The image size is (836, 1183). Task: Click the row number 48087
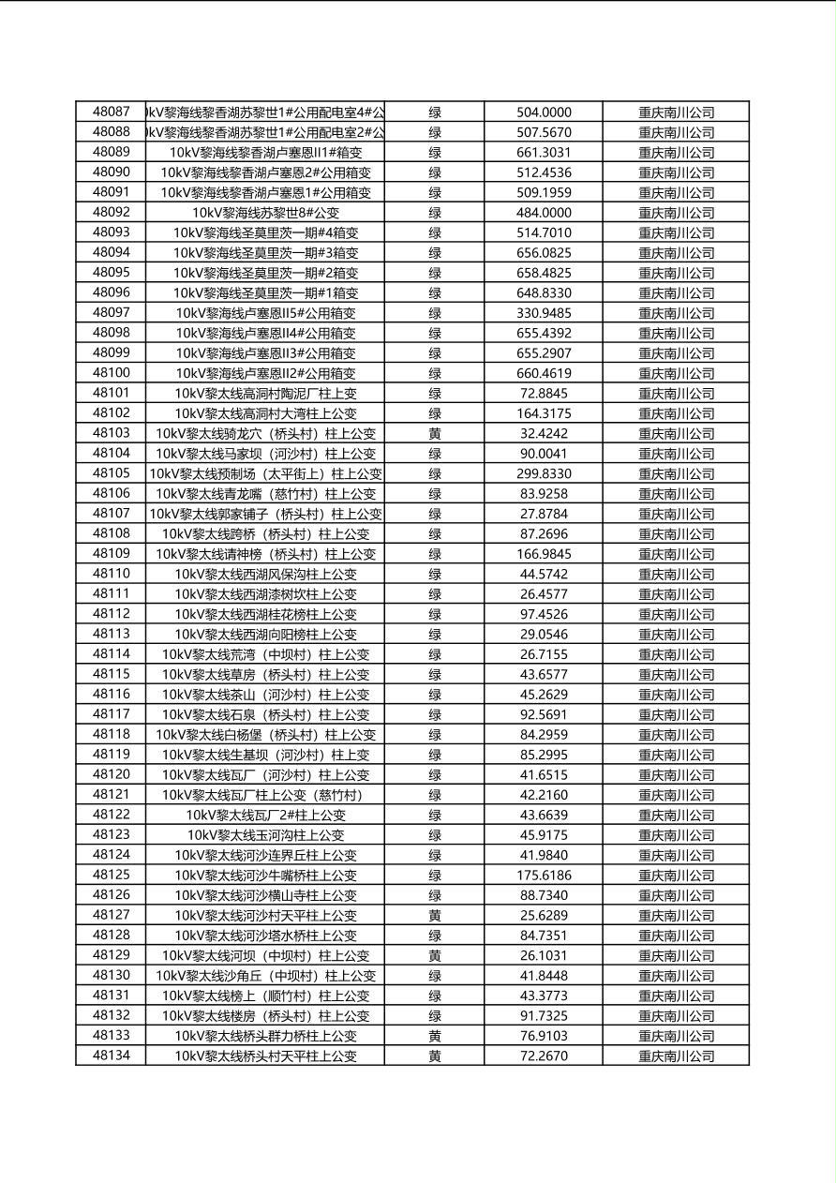pos(112,112)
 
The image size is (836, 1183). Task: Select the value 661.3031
pos(544,153)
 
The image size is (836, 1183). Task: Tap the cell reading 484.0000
pos(544,213)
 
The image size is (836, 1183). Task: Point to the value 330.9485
pos(544,313)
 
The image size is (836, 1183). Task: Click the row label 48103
pos(112,433)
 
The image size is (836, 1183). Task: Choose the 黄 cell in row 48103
pos(435,434)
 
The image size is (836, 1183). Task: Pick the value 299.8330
pos(544,474)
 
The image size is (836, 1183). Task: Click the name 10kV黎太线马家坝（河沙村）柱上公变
pos(265,454)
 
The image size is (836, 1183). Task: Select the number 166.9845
pos(544,554)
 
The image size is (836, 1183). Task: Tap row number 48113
pos(112,634)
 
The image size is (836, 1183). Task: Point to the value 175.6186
pos(544,876)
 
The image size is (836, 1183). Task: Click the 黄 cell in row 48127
pos(435,916)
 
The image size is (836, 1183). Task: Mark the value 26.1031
pos(544,956)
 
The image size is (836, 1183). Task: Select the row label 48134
pos(112,1056)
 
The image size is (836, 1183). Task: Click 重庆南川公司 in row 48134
pos(676,1056)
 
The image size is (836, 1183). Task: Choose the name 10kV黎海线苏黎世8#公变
pos(265,213)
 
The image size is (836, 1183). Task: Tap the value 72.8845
pos(544,394)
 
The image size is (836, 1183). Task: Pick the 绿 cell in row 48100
pos(435,373)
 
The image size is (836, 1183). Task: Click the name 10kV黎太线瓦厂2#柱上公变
pos(265,816)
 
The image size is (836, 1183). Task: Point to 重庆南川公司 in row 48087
pos(676,112)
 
